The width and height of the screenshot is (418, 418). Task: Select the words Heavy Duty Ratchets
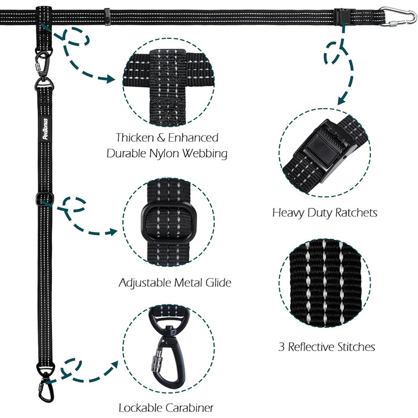click(x=325, y=213)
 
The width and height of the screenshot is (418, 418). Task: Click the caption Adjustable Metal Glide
click(x=175, y=282)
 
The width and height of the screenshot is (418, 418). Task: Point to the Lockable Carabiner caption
click(x=167, y=408)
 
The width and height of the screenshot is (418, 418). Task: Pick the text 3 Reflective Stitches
click(x=327, y=346)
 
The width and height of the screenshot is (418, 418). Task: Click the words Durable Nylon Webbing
click(x=167, y=153)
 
